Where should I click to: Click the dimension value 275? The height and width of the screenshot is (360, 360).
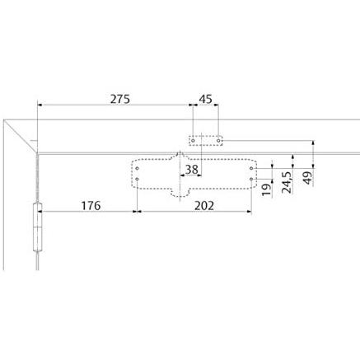point(119,99)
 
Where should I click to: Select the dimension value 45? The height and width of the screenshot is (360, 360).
point(206,99)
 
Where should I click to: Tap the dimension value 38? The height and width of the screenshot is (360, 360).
point(192,170)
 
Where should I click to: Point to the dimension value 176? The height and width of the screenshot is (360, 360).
point(91,205)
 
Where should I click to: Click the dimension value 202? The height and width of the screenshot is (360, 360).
point(204,205)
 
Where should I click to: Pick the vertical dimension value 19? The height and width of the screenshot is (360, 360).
point(267,189)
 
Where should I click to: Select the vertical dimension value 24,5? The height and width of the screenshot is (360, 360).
point(287,182)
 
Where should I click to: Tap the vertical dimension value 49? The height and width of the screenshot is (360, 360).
point(308,178)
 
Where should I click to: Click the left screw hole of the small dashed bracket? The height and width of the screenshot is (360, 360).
point(193,141)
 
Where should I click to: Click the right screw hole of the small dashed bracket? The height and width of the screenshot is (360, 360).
point(218,141)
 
